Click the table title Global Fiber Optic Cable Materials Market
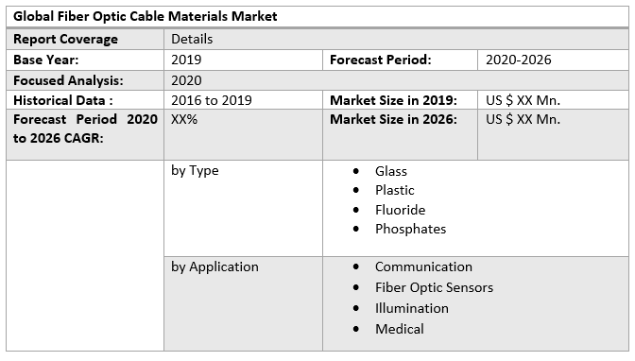tap(146, 17)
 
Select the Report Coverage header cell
tap(65, 39)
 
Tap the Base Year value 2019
tap(186, 60)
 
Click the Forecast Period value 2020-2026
tap(519, 60)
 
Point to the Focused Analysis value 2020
tap(186, 80)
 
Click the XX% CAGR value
tap(184, 119)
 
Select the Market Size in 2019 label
tap(393, 100)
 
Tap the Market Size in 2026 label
tap(393, 119)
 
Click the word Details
tap(192, 39)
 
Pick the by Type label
tap(195, 170)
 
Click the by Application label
tap(215, 266)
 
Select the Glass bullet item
tap(391, 171)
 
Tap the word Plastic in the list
tap(395, 190)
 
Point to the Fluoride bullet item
tap(400, 210)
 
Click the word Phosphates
tap(410, 229)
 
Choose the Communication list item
tap(423, 266)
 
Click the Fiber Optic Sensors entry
tap(434, 287)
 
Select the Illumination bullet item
tap(412, 308)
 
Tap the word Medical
tap(400, 329)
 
